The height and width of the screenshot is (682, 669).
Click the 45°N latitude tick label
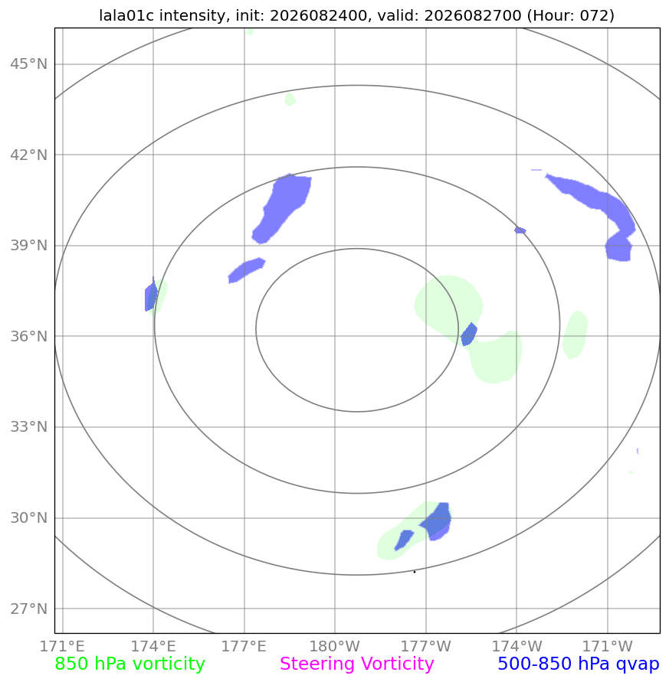29,64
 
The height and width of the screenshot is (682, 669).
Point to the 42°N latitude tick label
29,155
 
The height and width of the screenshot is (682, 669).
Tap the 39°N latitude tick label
29,246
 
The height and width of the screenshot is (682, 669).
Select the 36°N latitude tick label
29,336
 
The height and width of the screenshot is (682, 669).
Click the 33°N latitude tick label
29,427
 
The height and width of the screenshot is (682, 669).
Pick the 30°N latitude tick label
29,518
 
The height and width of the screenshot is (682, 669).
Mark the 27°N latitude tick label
29,609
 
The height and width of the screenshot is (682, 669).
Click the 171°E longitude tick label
62,646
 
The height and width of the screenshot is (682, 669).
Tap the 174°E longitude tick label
153,646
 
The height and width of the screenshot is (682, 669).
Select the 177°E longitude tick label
244,646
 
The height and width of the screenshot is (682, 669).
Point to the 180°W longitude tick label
334,646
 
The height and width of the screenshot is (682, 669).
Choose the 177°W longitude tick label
425,646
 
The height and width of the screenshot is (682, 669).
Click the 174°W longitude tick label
517,646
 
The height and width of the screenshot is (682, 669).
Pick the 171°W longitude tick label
608,646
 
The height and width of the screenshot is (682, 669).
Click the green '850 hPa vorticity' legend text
130,664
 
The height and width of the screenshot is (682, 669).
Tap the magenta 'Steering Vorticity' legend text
356,664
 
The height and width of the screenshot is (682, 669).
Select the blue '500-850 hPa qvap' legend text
579,664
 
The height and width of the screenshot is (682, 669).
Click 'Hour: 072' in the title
571,15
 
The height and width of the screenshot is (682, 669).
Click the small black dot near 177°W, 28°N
415,572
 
